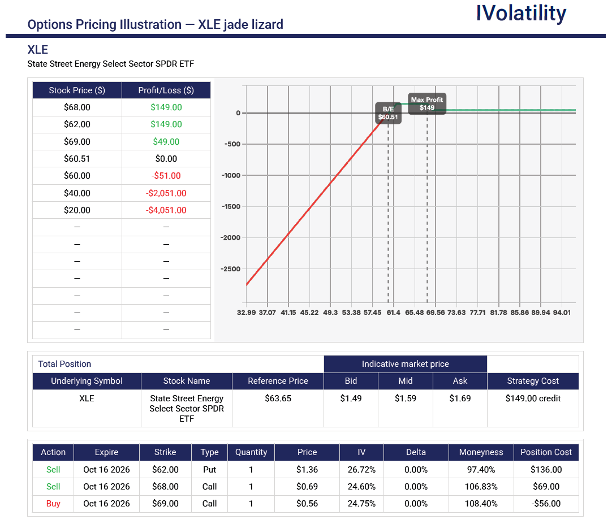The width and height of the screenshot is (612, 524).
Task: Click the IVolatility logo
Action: (521, 14)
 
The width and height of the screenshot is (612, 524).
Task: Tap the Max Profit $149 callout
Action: (427, 104)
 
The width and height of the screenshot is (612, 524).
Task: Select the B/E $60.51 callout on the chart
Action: (388, 113)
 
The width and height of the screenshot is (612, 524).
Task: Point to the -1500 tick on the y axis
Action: (231, 206)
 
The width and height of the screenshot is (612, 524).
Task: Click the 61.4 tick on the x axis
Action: (394, 313)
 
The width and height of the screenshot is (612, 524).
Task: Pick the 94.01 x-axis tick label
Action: (562, 313)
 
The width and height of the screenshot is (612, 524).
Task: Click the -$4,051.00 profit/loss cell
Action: (166, 210)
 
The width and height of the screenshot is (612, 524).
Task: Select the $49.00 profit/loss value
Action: (166, 142)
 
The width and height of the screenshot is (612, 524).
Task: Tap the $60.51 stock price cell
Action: (77, 159)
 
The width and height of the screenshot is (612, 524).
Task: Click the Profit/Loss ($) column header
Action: (166, 90)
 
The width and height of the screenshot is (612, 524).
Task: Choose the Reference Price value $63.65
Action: (278, 399)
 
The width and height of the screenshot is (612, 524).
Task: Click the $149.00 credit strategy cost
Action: (533, 399)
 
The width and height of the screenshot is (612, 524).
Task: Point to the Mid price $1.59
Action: (405, 399)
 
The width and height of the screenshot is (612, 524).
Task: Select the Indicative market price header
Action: (405, 364)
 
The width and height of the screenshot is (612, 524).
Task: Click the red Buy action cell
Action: (53, 504)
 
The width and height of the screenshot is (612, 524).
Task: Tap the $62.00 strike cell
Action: (165, 469)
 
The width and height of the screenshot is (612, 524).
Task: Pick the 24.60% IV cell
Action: (361, 487)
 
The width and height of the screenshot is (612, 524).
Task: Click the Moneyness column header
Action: (481, 452)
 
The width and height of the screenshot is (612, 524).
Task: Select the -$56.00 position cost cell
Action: (546, 504)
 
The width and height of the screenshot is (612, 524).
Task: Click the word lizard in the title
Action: (268, 24)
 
